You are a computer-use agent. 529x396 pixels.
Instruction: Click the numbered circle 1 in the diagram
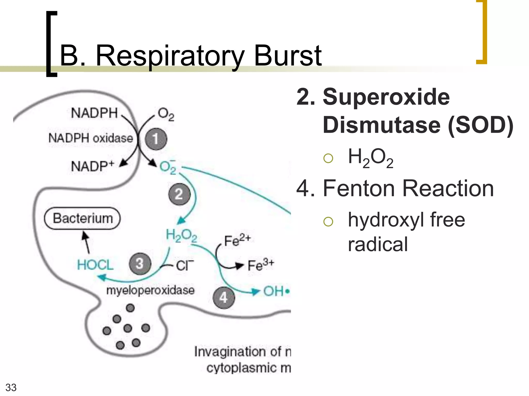point(156,139)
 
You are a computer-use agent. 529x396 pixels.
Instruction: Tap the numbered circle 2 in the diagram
point(179,194)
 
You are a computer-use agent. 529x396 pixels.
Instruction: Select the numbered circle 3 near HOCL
point(140,263)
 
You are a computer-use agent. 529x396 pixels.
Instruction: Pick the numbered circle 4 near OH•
point(224,298)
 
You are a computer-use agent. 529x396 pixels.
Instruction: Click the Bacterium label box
point(82,218)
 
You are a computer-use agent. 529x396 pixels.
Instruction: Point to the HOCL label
point(95,265)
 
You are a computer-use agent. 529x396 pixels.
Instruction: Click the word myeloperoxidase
point(150,290)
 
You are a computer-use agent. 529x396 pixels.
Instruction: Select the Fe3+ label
point(260,265)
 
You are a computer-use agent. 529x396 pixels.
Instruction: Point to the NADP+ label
point(92,166)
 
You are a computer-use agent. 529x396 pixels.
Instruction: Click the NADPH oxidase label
point(91,138)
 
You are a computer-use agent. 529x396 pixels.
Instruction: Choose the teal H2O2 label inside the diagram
point(181,235)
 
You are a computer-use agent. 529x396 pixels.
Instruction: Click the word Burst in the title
point(288,56)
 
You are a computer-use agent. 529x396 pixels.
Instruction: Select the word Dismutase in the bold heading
point(382,125)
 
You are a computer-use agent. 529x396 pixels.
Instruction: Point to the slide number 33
point(11,387)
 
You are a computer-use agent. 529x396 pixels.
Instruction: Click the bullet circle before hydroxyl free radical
point(328,221)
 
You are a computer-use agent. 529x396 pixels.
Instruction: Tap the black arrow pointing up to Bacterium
point(86,242)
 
